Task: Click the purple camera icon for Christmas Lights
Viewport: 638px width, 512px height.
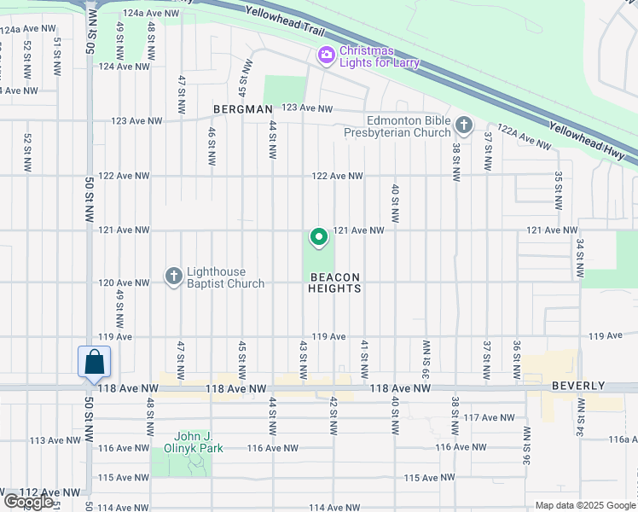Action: pyautogui.click(x=326, y=55)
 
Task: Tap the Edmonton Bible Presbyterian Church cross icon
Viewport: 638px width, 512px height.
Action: pyautogui.click(x=463, y=126)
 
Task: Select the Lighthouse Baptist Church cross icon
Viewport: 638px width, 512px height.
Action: pyautogui.click(x=173, y=276)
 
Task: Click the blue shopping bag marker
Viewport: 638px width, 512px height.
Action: pyautogui.click(x=93, y=362)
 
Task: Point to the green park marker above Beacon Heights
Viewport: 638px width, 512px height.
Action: pyautogui.click(x=318, y=238)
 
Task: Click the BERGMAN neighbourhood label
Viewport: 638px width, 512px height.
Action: pyautogui.click(x=243, y=109)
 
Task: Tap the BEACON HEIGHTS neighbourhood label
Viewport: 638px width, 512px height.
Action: pyautogui.click(x=334, y=283)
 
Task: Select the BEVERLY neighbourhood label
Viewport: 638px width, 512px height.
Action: pyautogui.click(x=577, y=387)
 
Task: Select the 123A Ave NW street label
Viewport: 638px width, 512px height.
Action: pyautogui.click(x=136, y=121)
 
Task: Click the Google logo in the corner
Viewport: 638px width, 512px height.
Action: pyautogui.click(x=28, y=502)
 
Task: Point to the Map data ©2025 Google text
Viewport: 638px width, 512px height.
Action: pyautogui.click(x=584, y=505)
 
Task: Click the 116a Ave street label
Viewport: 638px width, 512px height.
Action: pyautogui.click(x=623, y=439)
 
